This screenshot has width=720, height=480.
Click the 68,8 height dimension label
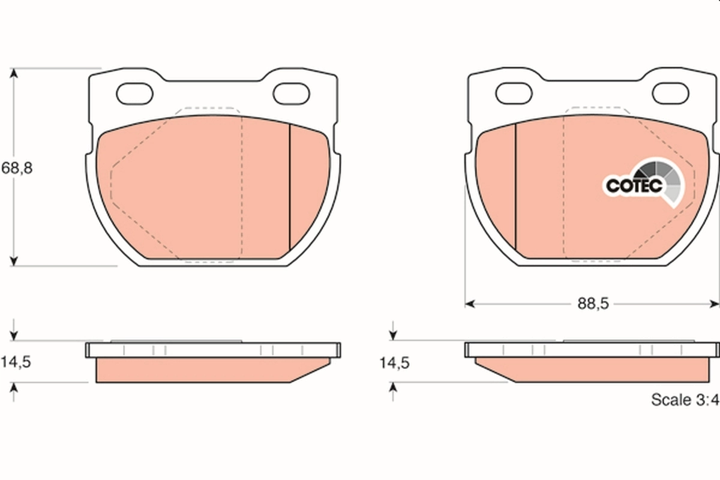17,168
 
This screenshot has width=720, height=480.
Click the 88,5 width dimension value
593,304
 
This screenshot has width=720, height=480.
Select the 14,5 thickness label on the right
394,362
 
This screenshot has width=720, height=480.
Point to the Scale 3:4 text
685,400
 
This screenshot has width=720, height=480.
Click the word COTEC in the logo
633,185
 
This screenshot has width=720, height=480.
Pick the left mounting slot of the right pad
514,93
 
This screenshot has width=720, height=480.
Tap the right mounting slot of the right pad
671,93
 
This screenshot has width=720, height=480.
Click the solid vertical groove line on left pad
290,186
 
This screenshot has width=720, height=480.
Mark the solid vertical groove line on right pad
516,186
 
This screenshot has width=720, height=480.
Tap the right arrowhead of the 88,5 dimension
715,304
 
